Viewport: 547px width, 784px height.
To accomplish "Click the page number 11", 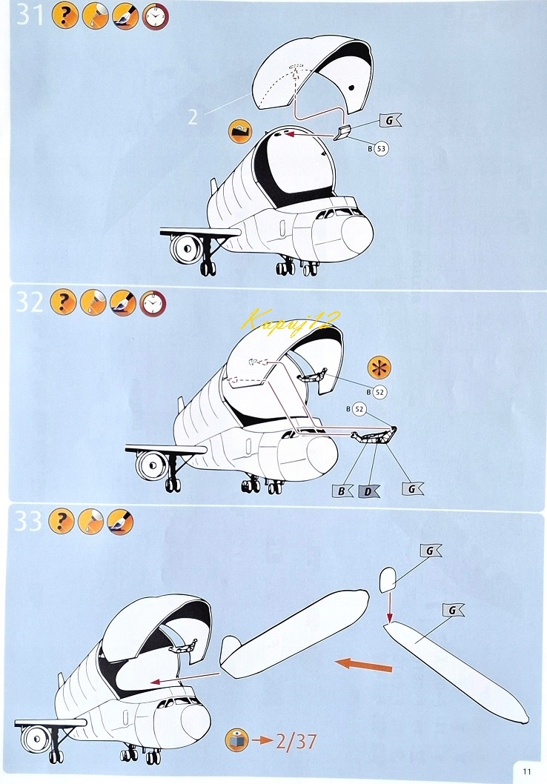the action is pyautogui.click(x=527, y=770).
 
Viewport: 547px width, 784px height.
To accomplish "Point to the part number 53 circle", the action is pyautogui.click(x=382, y=148).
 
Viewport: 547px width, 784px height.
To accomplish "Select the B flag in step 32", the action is pyautogui.click(x=343, y=491).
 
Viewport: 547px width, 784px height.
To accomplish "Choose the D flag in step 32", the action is pyautogui.click(x=368, y=491).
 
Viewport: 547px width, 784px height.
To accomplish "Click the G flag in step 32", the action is pyautogui.click(x=412, y=489).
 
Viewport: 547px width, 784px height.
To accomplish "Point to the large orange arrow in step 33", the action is pyautogui.click(x=362, y=664).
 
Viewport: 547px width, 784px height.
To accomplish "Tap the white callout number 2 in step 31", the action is pyautogui.click(x=192, y=118).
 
